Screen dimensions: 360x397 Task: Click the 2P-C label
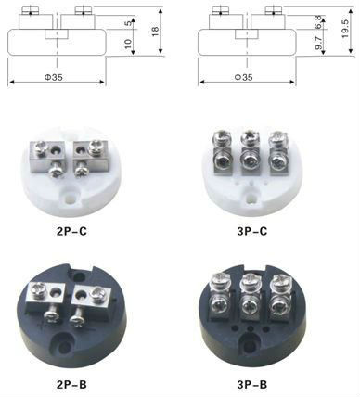click(71, 231)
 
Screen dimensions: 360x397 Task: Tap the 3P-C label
click(252, 231)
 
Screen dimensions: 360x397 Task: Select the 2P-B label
click(71, 385)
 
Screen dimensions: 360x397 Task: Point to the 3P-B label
click(252, 385)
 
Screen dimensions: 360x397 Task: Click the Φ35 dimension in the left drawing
click(54, 77)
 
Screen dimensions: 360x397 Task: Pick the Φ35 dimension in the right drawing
click(243, 77)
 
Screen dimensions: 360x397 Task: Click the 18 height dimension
click(155, 32)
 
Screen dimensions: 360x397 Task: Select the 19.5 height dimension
click(345, 29)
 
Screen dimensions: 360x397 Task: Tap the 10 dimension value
click(128, 44)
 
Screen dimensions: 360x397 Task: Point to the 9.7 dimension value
click(318, 43)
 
